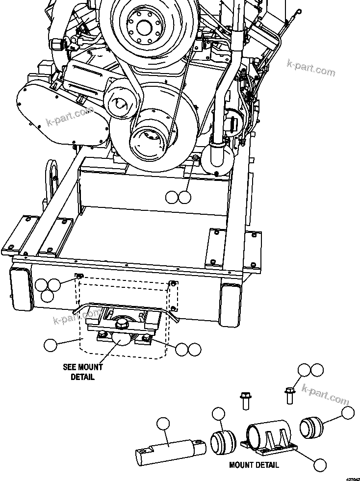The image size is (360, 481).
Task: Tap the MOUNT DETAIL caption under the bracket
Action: [x=254, y=464]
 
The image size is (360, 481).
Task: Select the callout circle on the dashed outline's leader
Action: [x=50, y=345]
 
